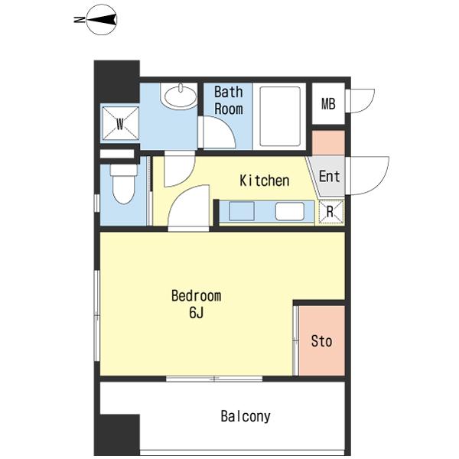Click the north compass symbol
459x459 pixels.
[x=102, y=20]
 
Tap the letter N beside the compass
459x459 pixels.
[x=79, y=20]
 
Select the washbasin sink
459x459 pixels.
[x=181, y=96]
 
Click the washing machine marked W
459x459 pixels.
[x=120, y=123]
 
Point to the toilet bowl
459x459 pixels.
[x=123, y=184]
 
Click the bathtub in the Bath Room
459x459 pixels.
[x=280, y=116]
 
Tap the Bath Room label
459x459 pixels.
[x=229, y=100]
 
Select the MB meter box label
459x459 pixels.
[x=328, y=103]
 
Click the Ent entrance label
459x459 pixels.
[x=329, y=176]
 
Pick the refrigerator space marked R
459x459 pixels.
[x=330, y=212]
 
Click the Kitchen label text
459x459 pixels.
[x=265, y=181]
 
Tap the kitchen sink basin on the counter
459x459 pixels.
[x=242, y=211]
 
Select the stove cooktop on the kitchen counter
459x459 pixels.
[x=289, y=211]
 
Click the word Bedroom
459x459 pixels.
[x=196, y=295]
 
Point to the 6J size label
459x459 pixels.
[x=196, y=313]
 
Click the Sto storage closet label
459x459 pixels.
[x=321, y=341]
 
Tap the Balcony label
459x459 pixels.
[x=246, y=416]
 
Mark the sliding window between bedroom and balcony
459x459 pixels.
[x=214, y=379]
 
